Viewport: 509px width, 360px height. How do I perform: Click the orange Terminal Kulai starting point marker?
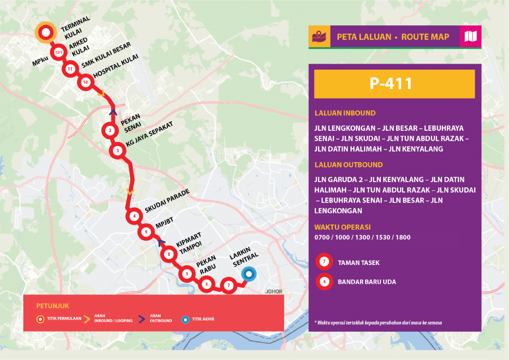pyautogui.click(x=45, y=33)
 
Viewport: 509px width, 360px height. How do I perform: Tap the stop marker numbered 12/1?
pyautogui.click(x=59, y=52)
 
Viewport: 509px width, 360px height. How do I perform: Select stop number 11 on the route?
pyautogui.click(x=70, y=69)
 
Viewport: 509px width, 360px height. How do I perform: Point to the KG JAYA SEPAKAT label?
pyautogui.click(x=151, y=141)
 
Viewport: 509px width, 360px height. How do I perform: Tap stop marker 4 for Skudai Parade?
pyautogui.click(x=134, y=216)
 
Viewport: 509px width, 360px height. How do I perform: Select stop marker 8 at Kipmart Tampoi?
pyautogui.click(x=170, y=255)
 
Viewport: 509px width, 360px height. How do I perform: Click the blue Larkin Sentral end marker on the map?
pyautogui.click(x=248, y=274)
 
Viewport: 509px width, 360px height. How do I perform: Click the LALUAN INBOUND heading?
pyautogui.click(x=345, y=113)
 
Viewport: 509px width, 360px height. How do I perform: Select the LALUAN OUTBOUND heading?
pyautogui.click(x=348, y=165)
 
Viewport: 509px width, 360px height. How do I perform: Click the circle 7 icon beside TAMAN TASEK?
pyautogui.click(x=324, y=261)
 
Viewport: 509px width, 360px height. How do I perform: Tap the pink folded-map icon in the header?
pyautogui.click(x=470, y=37)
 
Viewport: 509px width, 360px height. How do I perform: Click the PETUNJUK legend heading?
pyautogui.click(x=49, y=305)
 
